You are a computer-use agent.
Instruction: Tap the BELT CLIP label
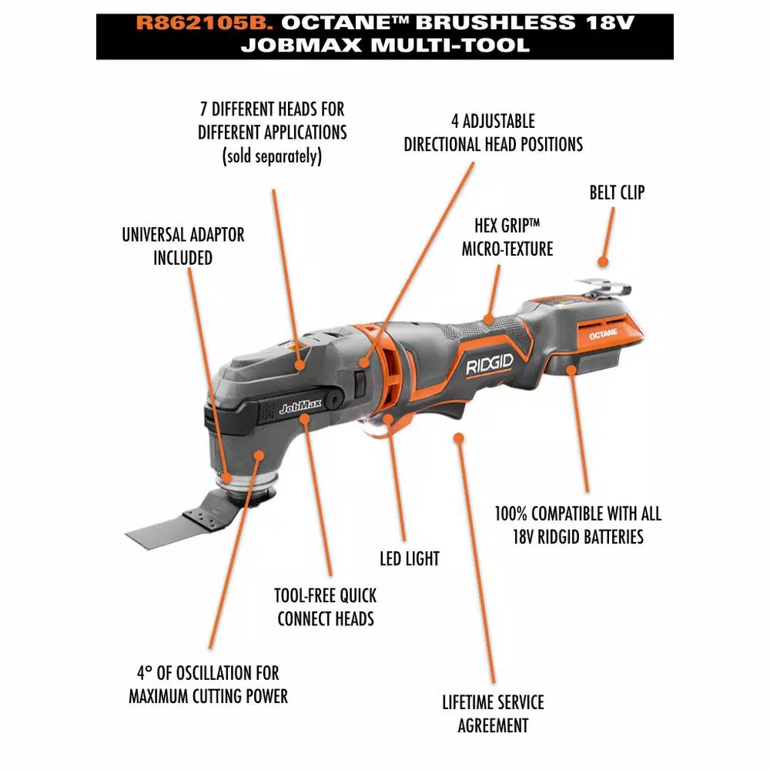point(617,192)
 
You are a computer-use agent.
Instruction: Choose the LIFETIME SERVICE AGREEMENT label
point(493,713)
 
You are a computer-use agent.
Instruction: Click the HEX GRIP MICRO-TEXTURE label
point(507,236)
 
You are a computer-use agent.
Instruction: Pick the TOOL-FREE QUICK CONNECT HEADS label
point(326,607)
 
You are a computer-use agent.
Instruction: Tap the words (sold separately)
point(272,156)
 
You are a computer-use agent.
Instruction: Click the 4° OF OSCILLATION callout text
point(208,685)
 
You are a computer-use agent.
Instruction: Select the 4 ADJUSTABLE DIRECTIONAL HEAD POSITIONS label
point(493,132)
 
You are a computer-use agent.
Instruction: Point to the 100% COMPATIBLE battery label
point(577,524)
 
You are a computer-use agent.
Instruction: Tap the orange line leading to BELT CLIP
point(606,236)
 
